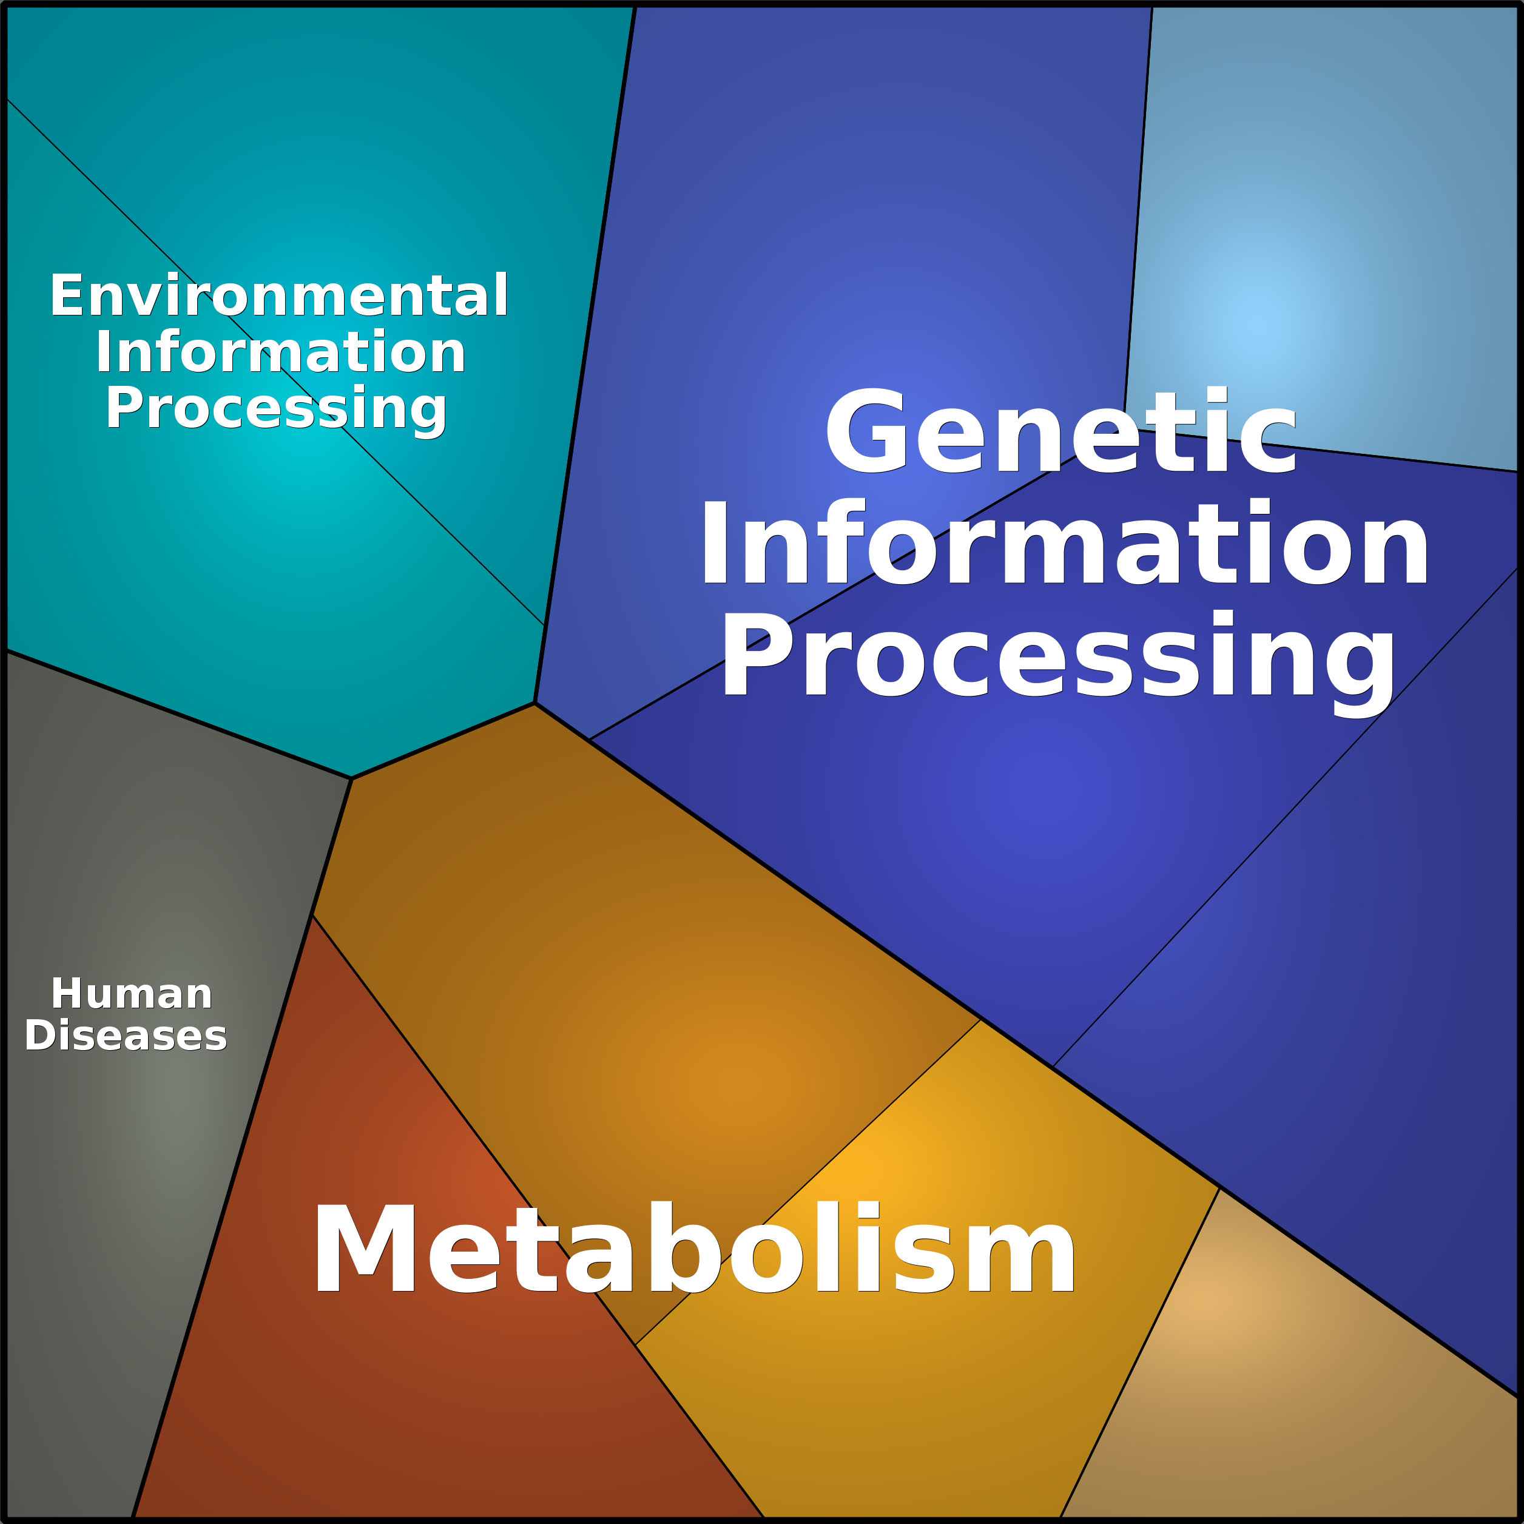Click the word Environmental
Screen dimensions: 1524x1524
tap(279, 296)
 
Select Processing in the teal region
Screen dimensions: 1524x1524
tap(276, 409)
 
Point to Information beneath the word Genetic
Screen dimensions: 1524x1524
tap(1064, 544)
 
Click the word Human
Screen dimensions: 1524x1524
tap(132, 994)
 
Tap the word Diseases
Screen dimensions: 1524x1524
tap(126, 1036)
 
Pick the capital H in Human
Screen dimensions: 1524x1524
tap(68, 994)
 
